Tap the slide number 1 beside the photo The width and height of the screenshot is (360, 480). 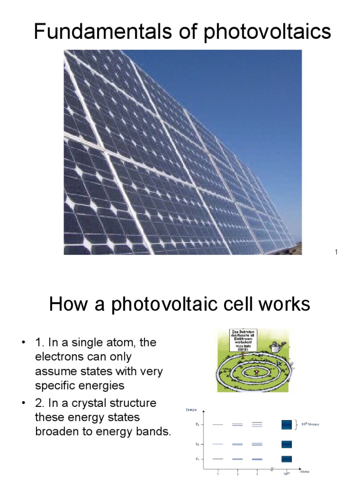336,253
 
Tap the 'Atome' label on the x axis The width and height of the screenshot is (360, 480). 305,471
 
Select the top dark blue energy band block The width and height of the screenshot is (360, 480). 286,425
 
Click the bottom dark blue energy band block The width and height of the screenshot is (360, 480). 286,459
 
